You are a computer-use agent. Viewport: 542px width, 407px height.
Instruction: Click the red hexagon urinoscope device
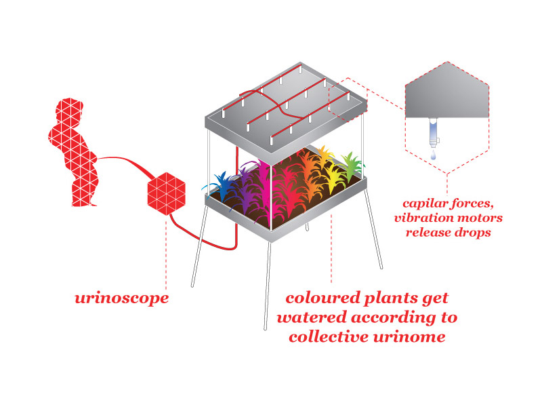click(x=166, y=191)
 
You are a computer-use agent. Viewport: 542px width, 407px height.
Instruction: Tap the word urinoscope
click(x=122, y=298)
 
